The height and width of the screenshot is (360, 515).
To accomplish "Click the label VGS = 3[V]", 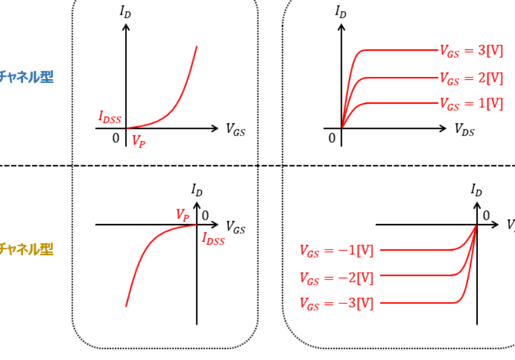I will (x=471, y=51).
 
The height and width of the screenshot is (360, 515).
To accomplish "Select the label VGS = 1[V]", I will (x=471, y=104).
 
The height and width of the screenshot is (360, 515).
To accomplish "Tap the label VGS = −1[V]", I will (x=336, y=250).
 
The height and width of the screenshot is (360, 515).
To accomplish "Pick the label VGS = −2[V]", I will (x=336, y=278).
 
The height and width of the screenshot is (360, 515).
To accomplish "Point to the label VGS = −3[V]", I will (x=336, y=303).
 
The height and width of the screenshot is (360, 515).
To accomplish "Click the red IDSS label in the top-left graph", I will (x=110, y=117).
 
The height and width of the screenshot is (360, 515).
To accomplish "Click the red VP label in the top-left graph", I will (x=139, y=140).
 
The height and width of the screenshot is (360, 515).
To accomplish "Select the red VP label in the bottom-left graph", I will (x=182, y=215).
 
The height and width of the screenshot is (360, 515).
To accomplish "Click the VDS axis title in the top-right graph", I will (x=464, y=129).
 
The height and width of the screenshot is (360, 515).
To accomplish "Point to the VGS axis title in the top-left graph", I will (x=236, y=129).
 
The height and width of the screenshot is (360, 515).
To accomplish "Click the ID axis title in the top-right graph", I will (x=340, y=11).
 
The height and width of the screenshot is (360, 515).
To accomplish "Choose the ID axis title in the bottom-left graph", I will (x=197, y=190).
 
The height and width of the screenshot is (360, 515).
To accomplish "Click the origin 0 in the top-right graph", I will (x=332, y=138).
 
